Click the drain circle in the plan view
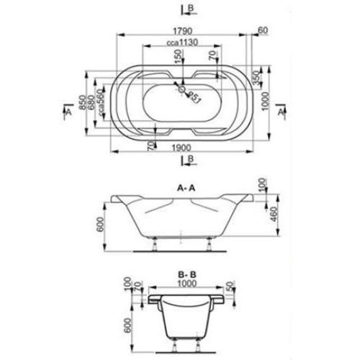click(x=181, y=91)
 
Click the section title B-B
click(x=186, y=274)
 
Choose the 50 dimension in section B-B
click(x=228, y=287)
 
